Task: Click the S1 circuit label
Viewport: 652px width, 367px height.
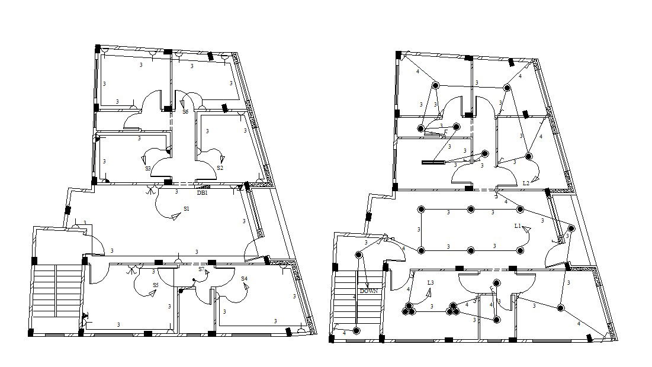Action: click(187, 208)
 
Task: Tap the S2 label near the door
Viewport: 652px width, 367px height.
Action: click(220, 168)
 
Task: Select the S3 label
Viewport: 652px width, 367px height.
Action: click(148, 169)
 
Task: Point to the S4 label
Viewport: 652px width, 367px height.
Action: click(244, 278)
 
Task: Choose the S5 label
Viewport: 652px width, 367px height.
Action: click(156, 285)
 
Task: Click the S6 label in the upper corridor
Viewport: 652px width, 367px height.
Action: click(185, 111)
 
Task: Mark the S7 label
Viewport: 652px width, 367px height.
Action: click(201, 269)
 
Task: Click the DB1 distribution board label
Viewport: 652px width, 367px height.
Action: click(202, 192)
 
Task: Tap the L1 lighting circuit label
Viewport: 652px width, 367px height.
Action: click(518, 226)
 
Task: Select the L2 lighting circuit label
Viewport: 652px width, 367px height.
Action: click(526, 183)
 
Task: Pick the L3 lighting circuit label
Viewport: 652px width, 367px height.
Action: click(431, 283)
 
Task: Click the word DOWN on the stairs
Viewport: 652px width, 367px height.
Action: click(368, 291)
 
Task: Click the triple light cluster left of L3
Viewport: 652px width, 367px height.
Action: click(409, 308)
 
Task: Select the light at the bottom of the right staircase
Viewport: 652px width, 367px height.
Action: click(356, 330)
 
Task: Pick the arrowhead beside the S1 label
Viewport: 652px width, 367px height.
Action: click(175, 218)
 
